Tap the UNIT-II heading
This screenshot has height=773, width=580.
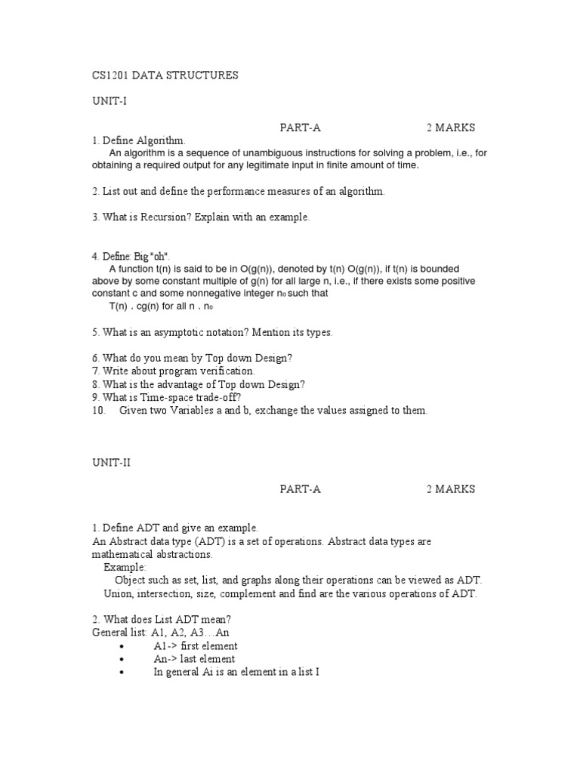pyautogui.click(x=110, y=463)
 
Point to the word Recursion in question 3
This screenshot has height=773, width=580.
pyautogui.click(x=166, y=217)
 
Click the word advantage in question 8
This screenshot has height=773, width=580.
pyautogui.click(x=175, y=384)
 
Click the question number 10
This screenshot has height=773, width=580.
pyautogui.click(x=99, y=411)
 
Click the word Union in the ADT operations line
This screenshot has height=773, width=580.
pyautogui.click(x=118, y=593)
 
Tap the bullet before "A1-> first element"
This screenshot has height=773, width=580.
pyautogui.click(x=121, y=647)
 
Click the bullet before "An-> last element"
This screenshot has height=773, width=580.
pyautogui.click(x=121, y=660)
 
